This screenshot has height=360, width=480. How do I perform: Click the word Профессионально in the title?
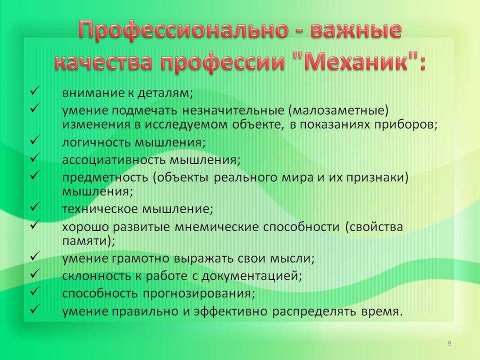coord(183,30)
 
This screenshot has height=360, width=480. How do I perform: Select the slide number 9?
coord(449,343)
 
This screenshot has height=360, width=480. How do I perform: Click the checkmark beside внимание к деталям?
coord(34,91)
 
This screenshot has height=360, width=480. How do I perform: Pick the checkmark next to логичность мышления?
coord(34,140)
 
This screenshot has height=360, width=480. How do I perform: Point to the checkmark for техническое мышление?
coord(34,207)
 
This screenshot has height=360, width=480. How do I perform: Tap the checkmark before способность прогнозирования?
coord(34,291)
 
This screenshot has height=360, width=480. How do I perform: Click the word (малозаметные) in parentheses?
coord(338,110)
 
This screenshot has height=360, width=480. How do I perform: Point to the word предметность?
coord(105,177)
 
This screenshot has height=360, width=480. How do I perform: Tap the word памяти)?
coord(89,241)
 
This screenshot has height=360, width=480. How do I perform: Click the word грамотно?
coord(140,258)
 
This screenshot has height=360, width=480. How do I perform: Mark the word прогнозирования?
coord(199,293)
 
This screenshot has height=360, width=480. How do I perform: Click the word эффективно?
coord(230,311)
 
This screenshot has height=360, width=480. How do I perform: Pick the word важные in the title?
coord(356,30)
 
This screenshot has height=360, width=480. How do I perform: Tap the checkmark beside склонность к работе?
coord(34,273)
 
